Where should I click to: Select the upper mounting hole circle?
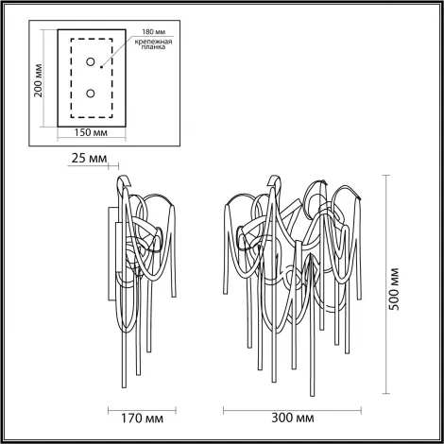point(91,62)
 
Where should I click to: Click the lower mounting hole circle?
point(91,94)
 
